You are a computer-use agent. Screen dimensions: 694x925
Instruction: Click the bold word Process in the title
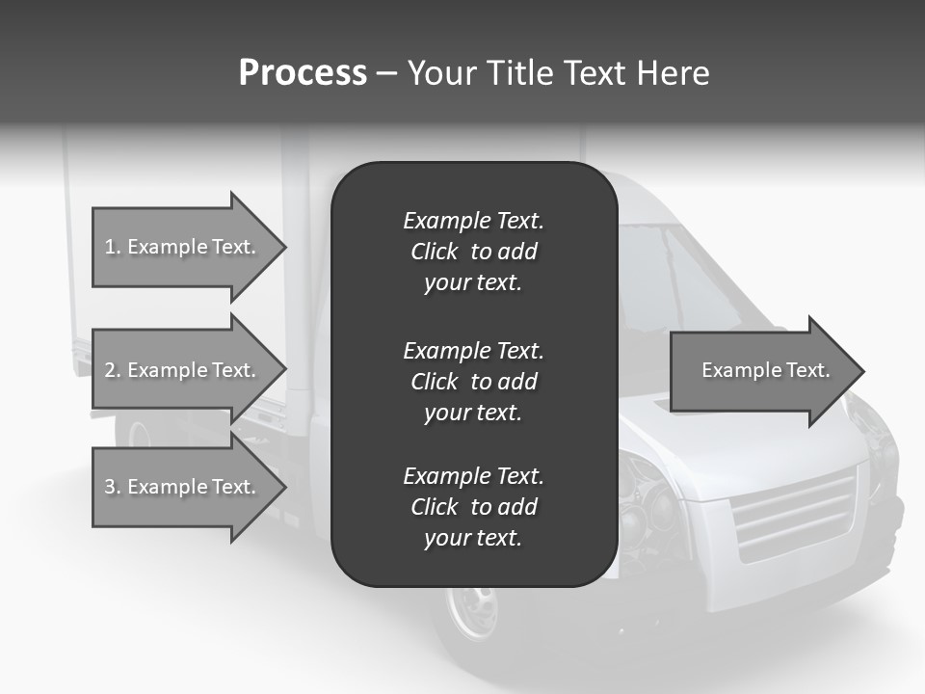pos(303,73)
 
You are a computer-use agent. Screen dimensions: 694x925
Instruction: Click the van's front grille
pos(795,516)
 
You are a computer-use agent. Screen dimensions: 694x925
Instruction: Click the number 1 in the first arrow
pos(110,247)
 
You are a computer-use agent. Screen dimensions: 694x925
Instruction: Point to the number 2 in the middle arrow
pos(110,370)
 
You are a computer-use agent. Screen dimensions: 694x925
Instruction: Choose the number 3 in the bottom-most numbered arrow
pos(110,487)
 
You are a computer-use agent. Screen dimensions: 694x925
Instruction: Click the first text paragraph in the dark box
pos(473,252)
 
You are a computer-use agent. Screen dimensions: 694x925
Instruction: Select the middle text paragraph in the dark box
pos(473,382)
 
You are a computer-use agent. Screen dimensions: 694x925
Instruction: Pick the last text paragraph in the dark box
pos(473,507)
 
